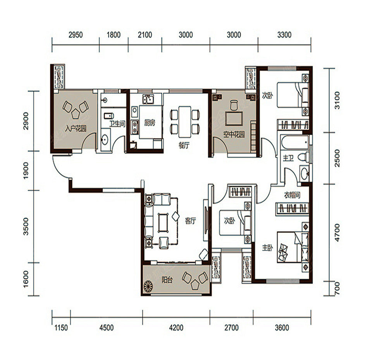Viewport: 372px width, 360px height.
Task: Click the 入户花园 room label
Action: click(x=76, y=129)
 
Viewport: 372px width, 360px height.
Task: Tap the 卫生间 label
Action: click(x=117, y=124)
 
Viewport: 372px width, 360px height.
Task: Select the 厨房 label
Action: click(x=150, y=123)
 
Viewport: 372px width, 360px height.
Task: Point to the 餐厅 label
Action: click(x=184, y=145)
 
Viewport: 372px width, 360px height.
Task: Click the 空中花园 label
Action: click(x=234, y=135)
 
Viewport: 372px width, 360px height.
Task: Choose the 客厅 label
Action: click(x=191, y=221)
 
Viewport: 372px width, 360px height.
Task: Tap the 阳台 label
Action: click(x=167, y=280)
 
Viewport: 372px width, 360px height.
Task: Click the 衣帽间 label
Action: click(x=292, y=195)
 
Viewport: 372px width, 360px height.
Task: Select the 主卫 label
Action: click(x=288, y=158)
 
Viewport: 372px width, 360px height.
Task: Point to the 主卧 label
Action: click(x=267, y=248)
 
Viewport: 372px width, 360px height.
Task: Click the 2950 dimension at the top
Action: click(x=76, y=35)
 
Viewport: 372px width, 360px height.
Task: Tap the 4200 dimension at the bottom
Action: click(x=176, y=328)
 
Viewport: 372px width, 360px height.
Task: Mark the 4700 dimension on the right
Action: click(x=337, y=233)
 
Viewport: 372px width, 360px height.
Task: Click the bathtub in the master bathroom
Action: click(x=295, y=143)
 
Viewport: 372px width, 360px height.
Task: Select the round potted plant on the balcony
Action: click(x=149, y=286)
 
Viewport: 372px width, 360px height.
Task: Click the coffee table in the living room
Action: click(x=163, y=223)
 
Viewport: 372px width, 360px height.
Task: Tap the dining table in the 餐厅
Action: click(x=185, y=122)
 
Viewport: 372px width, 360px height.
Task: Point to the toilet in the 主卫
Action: click(x=303, y=157)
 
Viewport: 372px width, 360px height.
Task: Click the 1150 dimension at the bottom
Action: click(x=61, y=328)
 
